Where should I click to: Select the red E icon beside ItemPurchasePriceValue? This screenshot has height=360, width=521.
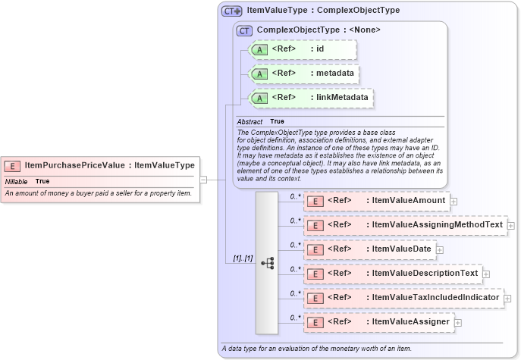(x=12, y=165)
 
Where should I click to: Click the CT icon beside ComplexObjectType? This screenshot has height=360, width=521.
(x=244, y=30)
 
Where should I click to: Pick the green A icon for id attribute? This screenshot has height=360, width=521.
(x=259, y=50)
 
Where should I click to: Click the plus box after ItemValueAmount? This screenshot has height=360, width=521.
(x=454, y=201)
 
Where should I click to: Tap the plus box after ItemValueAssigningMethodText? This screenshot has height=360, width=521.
(x=510, y=225)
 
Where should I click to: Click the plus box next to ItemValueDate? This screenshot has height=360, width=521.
(x=440, y=249)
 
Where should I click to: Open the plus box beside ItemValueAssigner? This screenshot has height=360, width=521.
(x=458, y=322)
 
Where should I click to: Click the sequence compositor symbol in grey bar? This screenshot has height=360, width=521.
(x=267, y=262)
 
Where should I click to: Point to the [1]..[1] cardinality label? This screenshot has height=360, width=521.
(x=243, y=259)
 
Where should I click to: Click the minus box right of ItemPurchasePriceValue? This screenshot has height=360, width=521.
(x=203, y=180)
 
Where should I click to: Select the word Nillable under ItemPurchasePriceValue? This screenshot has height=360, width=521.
(x=17, y=182)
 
